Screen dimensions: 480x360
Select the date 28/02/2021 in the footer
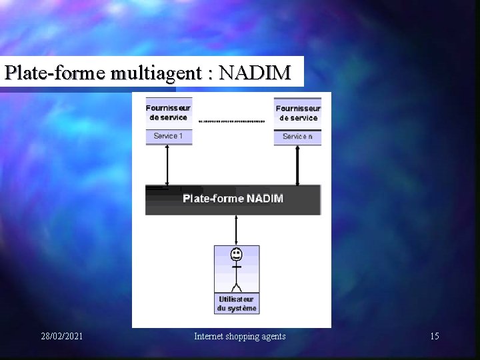(62, 336)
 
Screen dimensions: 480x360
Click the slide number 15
(434, 336)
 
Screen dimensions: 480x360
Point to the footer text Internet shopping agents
(239, 336)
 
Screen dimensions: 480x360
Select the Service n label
(297, 137)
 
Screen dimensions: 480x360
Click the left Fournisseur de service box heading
(169, 112)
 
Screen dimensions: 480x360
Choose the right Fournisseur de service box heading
(298, 113)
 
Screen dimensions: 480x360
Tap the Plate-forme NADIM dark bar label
(233, 199)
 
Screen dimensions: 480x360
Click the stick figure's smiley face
(235, 254)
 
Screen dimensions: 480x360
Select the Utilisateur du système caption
(237, 304)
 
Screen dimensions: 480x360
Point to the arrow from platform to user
(235, 229)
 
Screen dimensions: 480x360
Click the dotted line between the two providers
(232, 121)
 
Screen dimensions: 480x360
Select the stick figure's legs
(235, 285)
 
